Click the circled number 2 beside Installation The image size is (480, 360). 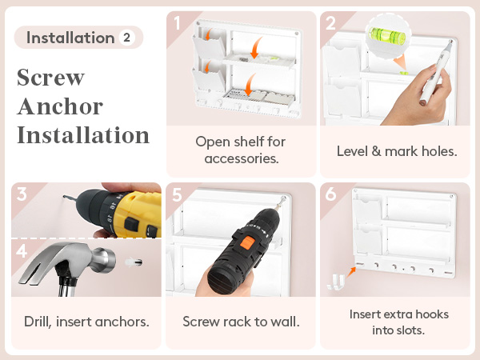[x=126, y=38]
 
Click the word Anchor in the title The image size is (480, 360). [x=60, y=106]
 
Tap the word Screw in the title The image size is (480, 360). [x=51, y=77]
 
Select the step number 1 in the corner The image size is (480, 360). [x=177, y=23]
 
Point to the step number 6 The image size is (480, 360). [x=330, y=194]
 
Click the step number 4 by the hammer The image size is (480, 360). [x=22, y=251]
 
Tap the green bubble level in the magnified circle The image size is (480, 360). [x=387, y=35]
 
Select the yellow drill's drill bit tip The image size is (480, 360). [x=64, y=196]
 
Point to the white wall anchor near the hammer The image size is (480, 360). [x=134, y=262]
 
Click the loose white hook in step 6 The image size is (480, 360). [x=336, y=282]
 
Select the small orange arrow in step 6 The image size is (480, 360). [x=351, y=271]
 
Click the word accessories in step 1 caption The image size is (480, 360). [x=242, y=159]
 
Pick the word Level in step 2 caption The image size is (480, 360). [x=352, y=151]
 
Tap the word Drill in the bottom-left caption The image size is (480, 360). [x=38, y=322]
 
